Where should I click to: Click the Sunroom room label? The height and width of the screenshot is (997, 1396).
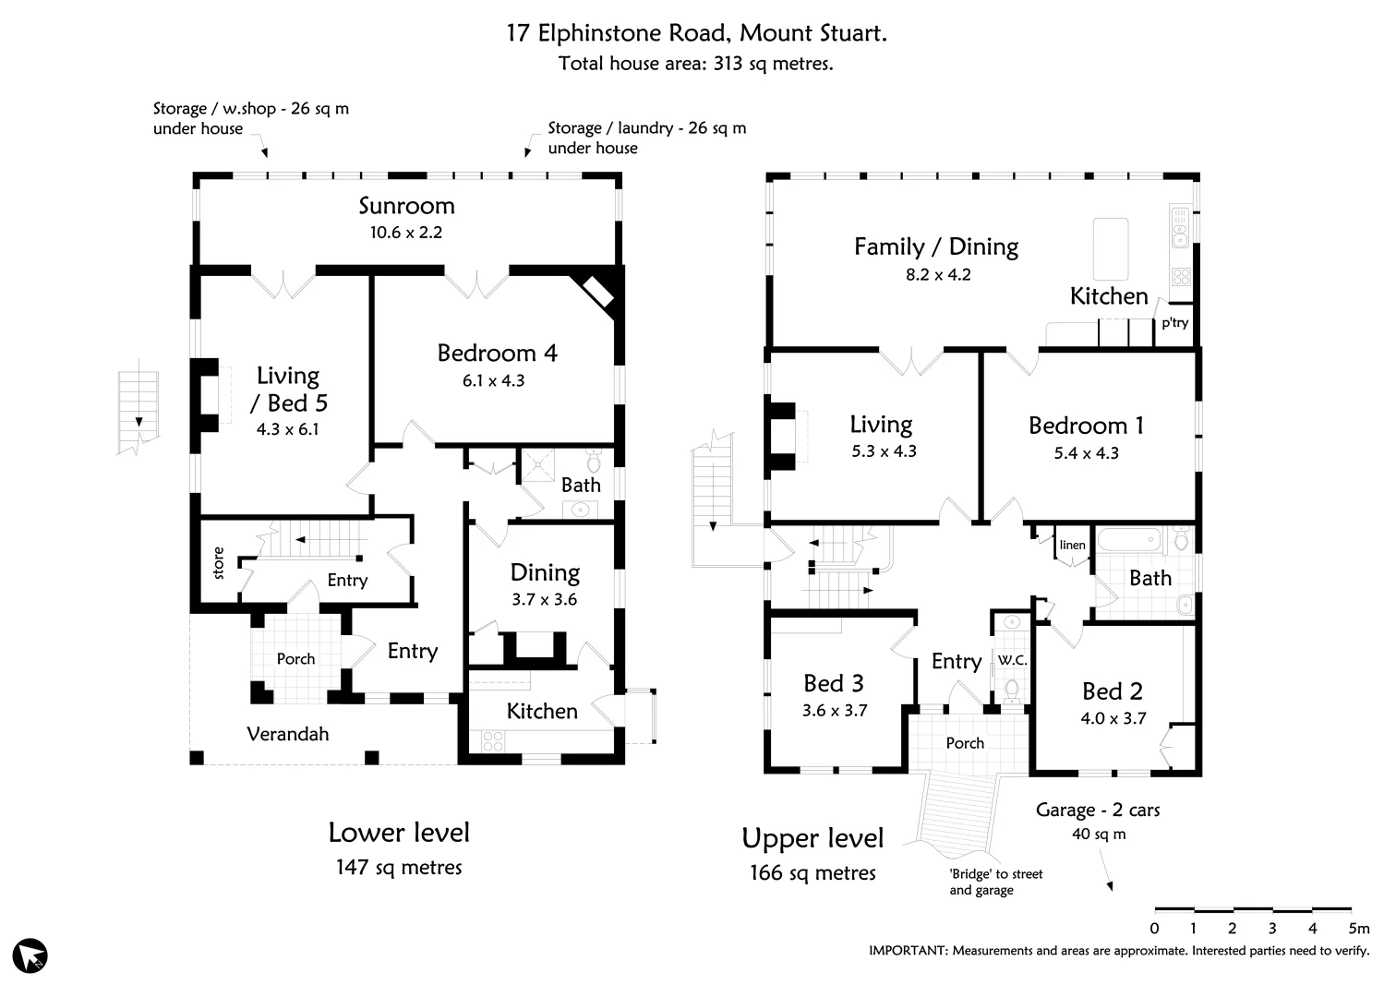coord(406,206)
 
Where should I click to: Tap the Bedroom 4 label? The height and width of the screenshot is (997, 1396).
coord(497,354)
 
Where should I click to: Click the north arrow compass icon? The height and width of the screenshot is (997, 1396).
coord(31,955)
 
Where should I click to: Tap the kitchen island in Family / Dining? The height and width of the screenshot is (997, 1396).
coord(1111,248)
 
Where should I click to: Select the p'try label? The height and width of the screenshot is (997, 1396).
coord(1174,323)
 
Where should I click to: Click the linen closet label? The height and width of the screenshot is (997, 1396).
coord(1072,545)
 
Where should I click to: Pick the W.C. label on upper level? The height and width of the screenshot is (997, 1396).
coord(1012,660)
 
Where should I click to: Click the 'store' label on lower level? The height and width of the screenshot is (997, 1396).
coord(219,563)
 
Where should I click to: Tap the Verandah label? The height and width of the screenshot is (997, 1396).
coord(288,734)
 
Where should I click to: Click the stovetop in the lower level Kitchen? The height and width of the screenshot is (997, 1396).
coord(492,740)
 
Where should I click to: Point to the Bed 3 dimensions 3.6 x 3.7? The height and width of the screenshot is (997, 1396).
coord(834,711)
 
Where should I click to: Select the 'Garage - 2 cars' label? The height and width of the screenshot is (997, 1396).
coord(1097,811)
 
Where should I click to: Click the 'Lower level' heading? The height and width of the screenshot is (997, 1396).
coord(399,833)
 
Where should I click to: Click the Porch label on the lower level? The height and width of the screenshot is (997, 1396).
coord(295,659)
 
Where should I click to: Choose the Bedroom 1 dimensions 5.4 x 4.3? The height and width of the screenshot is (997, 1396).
coord(1086,453)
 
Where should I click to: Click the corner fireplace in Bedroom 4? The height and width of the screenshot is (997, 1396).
coord(598,292)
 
